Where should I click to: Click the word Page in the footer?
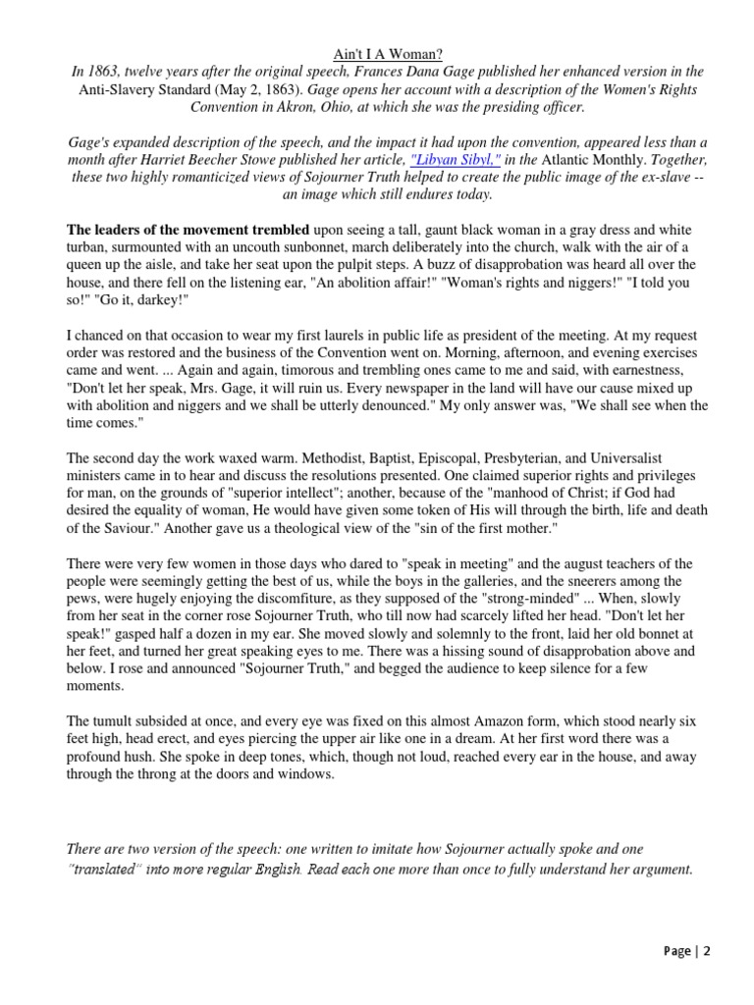(x=677, y=950)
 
